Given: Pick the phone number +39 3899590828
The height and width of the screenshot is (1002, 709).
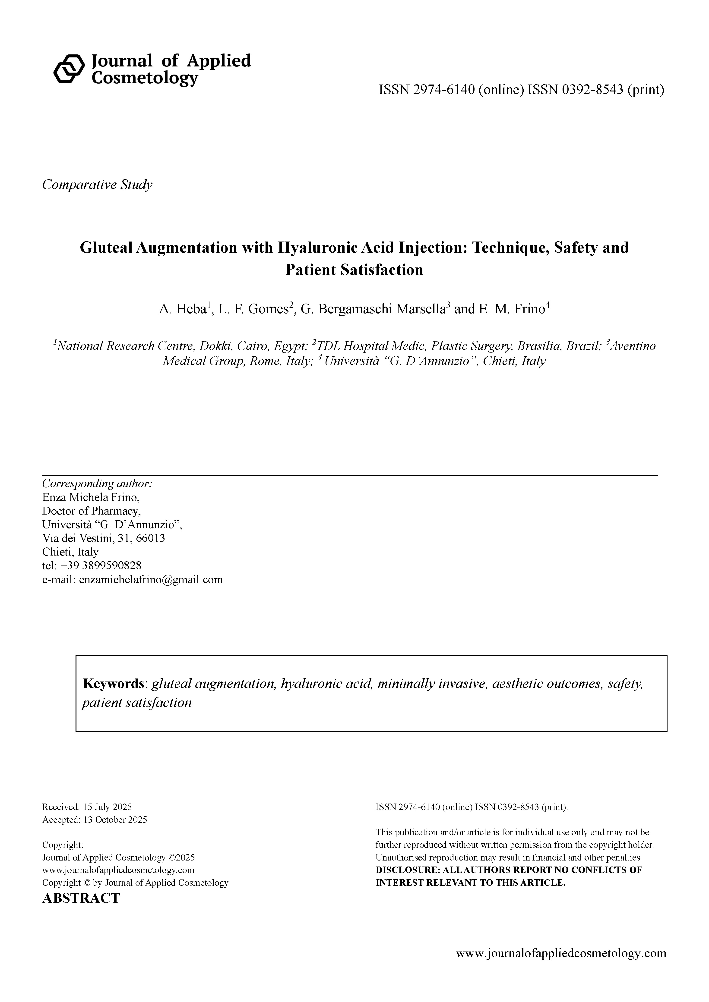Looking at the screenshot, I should point(111,565).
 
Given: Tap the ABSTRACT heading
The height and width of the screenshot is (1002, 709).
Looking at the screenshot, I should point(81,898).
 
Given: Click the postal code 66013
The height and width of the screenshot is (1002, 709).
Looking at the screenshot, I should point(151,538).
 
